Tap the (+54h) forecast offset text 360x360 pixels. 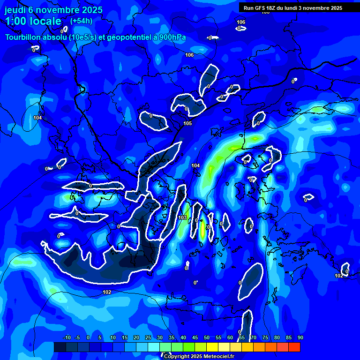tap(81, 21)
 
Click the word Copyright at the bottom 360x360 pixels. tap(176, 357)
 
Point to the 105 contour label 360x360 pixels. tap(187, 123)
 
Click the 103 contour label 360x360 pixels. tap(183, 218)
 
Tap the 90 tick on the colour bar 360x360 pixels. tap(300, 337)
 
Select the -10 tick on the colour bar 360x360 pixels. tap(67, 337)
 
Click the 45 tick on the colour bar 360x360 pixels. tap(195, 337)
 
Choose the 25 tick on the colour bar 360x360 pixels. tap(148, 337)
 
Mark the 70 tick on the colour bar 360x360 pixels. tap(253, 337)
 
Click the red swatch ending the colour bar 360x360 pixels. tap(294, 347)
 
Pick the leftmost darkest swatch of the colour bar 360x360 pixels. tap(60, 347)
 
